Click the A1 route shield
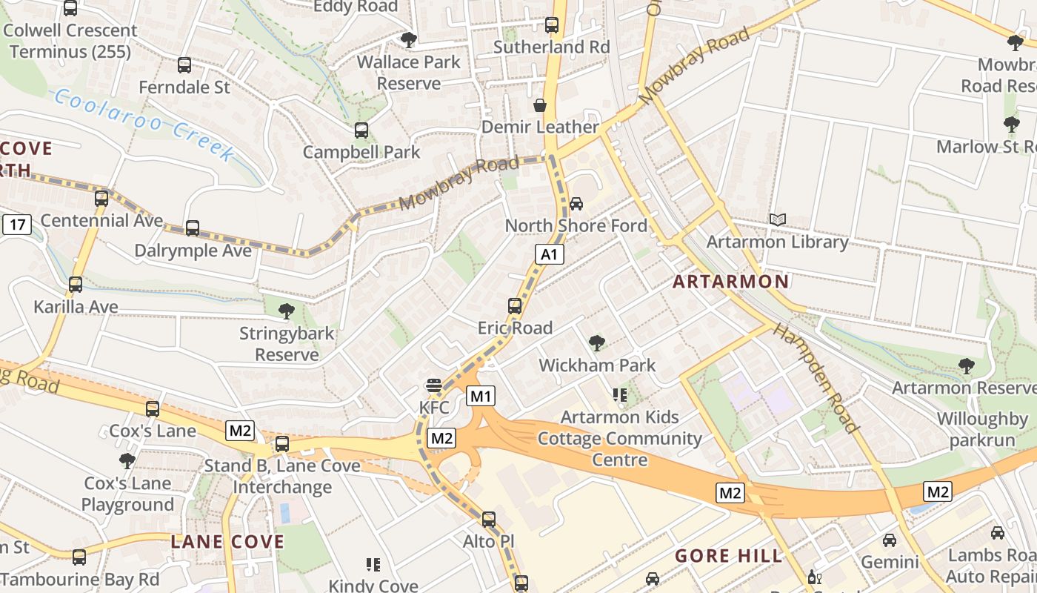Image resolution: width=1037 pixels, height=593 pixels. click(x=548, y=255)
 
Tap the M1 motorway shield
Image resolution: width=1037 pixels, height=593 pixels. click(x=481, y=397)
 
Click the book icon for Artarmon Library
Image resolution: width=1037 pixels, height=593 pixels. click(x=777, y=219)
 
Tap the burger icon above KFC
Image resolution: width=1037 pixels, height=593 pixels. click(x=433, y=385)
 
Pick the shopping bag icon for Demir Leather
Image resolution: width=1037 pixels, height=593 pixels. click(x=540, y=105)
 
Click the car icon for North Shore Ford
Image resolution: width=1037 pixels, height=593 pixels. click(x=576, y=203)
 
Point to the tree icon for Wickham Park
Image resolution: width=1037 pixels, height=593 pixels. click(x=596, y=342)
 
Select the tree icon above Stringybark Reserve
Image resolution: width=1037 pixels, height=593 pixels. click(x=286, y=311)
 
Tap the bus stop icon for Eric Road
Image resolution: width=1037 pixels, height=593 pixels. click(x=514, y=305)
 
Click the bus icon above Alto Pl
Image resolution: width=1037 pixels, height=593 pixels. click(x=488, y=520)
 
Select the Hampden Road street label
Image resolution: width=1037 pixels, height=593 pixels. click(x=816, y=378)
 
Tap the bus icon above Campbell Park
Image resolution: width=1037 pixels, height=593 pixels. click(x=361, y=130)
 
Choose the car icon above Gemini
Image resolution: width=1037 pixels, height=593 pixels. click(x=889, y=540)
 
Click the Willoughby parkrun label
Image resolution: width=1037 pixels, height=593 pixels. click(x=982, y=430)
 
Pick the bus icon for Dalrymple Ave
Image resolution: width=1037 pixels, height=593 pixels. click(x=193, y=228)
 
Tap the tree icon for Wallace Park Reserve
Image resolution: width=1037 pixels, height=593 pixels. click(x=408, y=40)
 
